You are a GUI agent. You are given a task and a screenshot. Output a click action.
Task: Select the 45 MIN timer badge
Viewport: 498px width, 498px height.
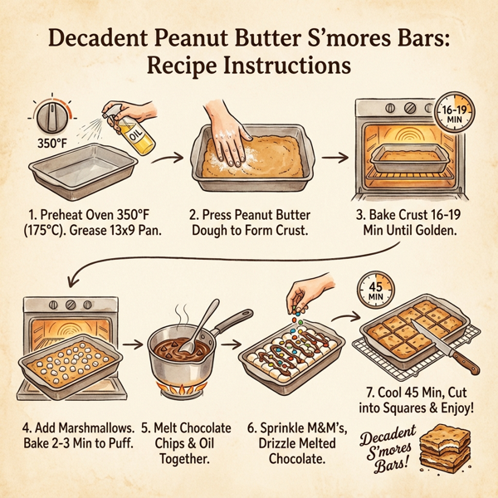pyautogui.click(x=373, y=290)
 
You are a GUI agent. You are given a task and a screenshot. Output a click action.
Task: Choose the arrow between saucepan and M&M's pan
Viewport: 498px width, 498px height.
pyautogui.click(x=232, y=343)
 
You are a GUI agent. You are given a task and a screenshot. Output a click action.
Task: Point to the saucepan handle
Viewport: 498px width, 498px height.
pyautogui.click(x=235, y=320)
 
